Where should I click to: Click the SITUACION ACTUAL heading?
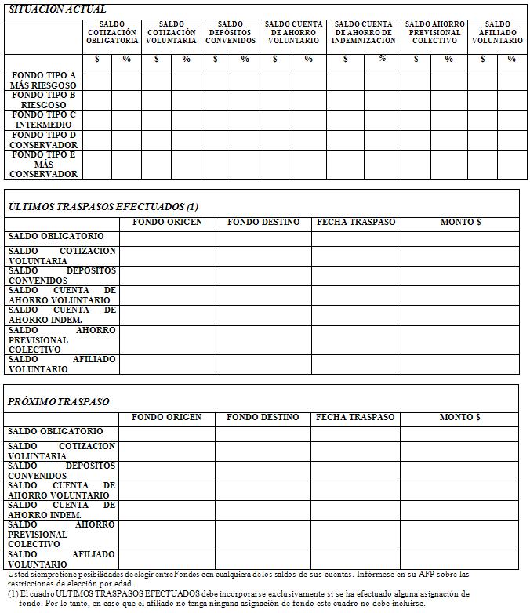pyautogui.click(x=56, y=9)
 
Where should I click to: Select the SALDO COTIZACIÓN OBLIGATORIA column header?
pyautogui.click(x=112, y=32)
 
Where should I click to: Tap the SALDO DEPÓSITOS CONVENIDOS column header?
pyautogui.click(x=231, y=32)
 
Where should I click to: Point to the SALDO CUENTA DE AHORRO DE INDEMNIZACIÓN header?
pyautogui.click(x=363, y=32)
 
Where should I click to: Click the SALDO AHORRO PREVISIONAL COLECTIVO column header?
pyautogui.click(x=434, y=32)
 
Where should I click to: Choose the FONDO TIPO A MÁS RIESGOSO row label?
pyautogui.click(x=44, y=79)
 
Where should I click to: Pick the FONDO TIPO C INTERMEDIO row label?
pyautogui.click(x=44, y=120)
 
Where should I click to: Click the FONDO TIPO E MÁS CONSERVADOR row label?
pyautogui.click(x=44, y=165)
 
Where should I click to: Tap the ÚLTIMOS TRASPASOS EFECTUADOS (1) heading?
pyautogui.click(x=103, y=206)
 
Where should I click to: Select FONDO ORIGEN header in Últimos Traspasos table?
pyautogui.click(x=167, y=223)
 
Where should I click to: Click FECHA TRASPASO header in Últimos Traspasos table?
pyautogui.click(x=356, y=223)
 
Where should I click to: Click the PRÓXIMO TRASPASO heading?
pyautogui.click(x=59, y=401)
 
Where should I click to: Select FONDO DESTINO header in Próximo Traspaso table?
pyautogui.click(x=263, y=418)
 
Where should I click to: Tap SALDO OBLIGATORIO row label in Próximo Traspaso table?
pyautogui.click(x=56, y=432)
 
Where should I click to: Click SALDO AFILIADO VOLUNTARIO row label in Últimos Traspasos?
pyautogui.click(x=61, y=364)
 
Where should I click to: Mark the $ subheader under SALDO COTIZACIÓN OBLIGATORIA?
pyautogui.click(x=97, y=60)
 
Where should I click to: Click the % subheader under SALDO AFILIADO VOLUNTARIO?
pyautogui.click(x=511, y=60)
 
